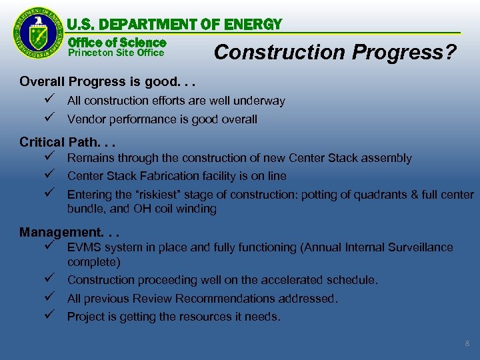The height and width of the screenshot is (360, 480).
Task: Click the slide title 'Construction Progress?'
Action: click(335, 52)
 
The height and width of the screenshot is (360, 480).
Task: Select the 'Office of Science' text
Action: click(117, 42)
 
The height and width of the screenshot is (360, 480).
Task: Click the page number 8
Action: click(467, 343)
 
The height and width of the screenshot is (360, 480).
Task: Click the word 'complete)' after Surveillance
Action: click(94, 262)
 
